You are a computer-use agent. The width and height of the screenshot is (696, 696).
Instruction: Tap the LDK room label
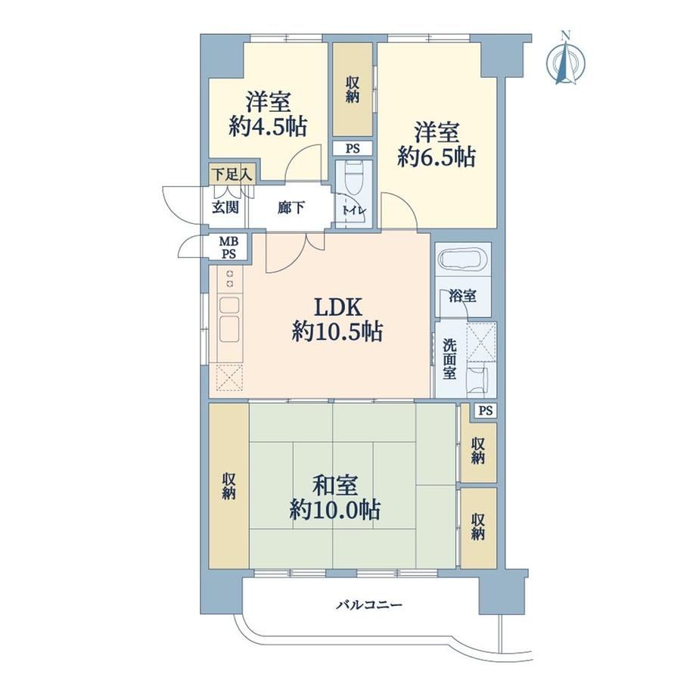coord(338,306)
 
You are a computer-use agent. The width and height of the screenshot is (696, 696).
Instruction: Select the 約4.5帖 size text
coord(268,127)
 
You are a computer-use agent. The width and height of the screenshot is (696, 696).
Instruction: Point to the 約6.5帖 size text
coord(437,157)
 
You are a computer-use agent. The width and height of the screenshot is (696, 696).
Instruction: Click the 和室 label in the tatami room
coord(335,485)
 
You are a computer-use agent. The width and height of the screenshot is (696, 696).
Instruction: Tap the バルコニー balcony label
coord(369,604)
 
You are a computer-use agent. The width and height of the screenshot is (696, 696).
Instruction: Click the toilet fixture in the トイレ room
coord(354,178)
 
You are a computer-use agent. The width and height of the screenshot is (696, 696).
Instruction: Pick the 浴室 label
coord(463,296)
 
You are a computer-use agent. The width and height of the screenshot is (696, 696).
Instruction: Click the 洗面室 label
coord(449,359)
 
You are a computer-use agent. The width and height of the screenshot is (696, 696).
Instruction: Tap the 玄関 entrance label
coord(225,207)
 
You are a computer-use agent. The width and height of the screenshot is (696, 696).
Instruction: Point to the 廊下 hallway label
coord(291,207)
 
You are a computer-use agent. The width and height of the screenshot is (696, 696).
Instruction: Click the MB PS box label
coord(229,247)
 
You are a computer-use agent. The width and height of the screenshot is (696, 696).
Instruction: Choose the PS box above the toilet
coord(353,148)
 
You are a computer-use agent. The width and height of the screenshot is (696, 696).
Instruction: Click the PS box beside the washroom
coord(486,411)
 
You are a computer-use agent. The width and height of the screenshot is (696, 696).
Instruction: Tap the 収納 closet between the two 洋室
coord(353,89)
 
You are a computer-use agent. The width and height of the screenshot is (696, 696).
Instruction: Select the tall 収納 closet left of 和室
coord(228,486)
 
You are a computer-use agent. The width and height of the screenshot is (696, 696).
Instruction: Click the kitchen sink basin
coord(229,328)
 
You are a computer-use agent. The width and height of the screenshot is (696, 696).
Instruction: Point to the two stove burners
coord(230,278)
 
